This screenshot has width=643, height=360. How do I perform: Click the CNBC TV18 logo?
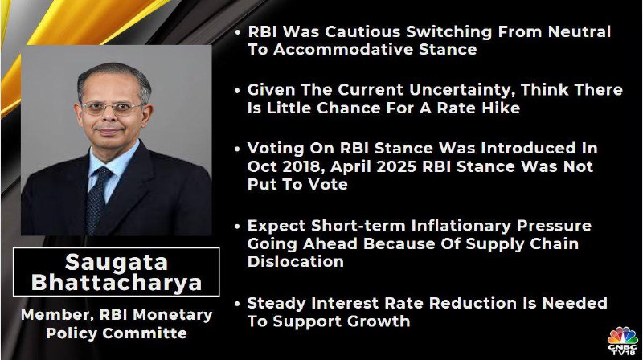coord(622,341)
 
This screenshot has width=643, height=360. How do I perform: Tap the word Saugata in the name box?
coord(117,263)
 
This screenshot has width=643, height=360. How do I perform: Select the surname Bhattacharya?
coord(117,283)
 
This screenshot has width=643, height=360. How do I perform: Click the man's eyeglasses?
coord(112,108)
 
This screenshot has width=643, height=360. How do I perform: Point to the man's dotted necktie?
coord(97,198)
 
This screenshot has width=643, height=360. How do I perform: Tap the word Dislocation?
coord(295,262)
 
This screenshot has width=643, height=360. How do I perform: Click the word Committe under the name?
coord(145,333)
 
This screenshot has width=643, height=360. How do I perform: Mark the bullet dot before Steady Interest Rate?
coord(237,304)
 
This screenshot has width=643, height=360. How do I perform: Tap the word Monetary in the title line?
coord(173,316)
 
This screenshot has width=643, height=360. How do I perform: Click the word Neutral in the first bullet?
coord(579,31)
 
